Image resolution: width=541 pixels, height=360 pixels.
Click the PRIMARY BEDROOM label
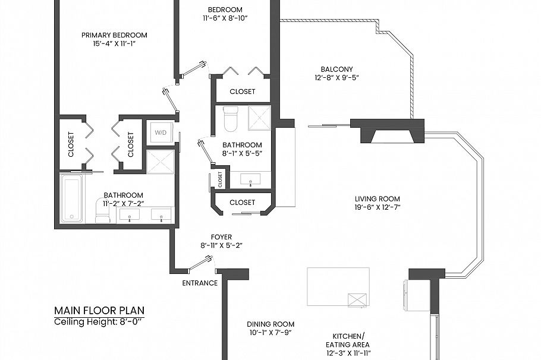coord(114,35)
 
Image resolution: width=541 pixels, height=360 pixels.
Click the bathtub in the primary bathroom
coord(71,198)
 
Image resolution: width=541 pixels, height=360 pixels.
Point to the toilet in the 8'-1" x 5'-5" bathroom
coord(230,119)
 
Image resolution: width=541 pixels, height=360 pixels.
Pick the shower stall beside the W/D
coord(161,162)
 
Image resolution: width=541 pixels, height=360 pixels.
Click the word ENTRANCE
coord(200,283)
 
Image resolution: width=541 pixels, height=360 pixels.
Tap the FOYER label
coord(221,237)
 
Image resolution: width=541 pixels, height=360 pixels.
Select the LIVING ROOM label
coord(377,199)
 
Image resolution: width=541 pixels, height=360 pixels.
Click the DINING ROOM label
coord(270,324)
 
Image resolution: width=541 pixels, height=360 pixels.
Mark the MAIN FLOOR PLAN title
coord(99,311)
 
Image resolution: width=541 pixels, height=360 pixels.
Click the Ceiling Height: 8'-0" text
coord(99,322)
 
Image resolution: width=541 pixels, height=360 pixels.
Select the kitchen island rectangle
coord(338,286)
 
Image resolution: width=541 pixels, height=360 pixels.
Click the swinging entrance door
coord(200,263)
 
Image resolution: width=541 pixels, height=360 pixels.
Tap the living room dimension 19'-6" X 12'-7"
coord(377,207)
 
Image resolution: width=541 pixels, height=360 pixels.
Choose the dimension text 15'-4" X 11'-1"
coord(114,43)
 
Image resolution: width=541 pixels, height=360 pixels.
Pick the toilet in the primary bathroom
coord(102,214)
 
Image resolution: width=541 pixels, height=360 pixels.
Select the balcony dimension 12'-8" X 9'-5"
coord(336,77)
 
